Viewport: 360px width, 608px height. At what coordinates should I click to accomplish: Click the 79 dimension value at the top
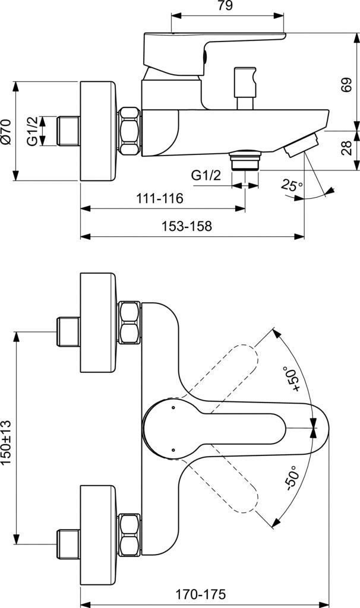(225, 7)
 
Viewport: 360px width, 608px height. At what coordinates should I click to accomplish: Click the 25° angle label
(292, 186)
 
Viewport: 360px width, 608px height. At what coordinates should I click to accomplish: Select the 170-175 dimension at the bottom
(201, 594)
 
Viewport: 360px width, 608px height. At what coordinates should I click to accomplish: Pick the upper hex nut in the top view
(130, 324)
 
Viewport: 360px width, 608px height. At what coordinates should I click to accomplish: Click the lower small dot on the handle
(172, 451)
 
